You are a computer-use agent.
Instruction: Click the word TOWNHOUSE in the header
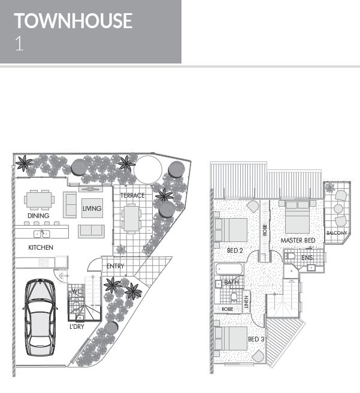pos(73,21)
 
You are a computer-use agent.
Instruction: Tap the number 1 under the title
pos(19,44)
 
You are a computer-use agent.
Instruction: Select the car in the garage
pos(40,317)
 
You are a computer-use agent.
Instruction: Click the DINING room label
pos(38,216)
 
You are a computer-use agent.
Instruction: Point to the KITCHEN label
pos(41,247)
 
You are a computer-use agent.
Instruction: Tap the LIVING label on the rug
pos(92,208)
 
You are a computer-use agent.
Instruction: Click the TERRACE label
pos(132,195)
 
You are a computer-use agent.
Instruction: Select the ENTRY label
pos(115,266)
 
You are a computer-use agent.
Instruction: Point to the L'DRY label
pos(77,327)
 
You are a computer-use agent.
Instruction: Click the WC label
pos(77,291)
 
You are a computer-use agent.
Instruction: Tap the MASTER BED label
pos(298,240)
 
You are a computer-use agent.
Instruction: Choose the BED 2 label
pos(235,250)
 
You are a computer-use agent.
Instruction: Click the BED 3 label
pos(256,339)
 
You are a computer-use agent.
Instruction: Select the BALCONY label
pos(337,233)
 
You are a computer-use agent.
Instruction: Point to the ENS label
pos(307,258)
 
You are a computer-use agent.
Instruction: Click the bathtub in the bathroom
pos(229,270)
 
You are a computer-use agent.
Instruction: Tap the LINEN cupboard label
pos(247,302)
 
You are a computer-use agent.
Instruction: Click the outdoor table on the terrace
pos(131,218)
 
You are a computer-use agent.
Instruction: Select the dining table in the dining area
pos(39,199)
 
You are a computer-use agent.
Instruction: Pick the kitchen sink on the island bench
pos(41,234)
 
